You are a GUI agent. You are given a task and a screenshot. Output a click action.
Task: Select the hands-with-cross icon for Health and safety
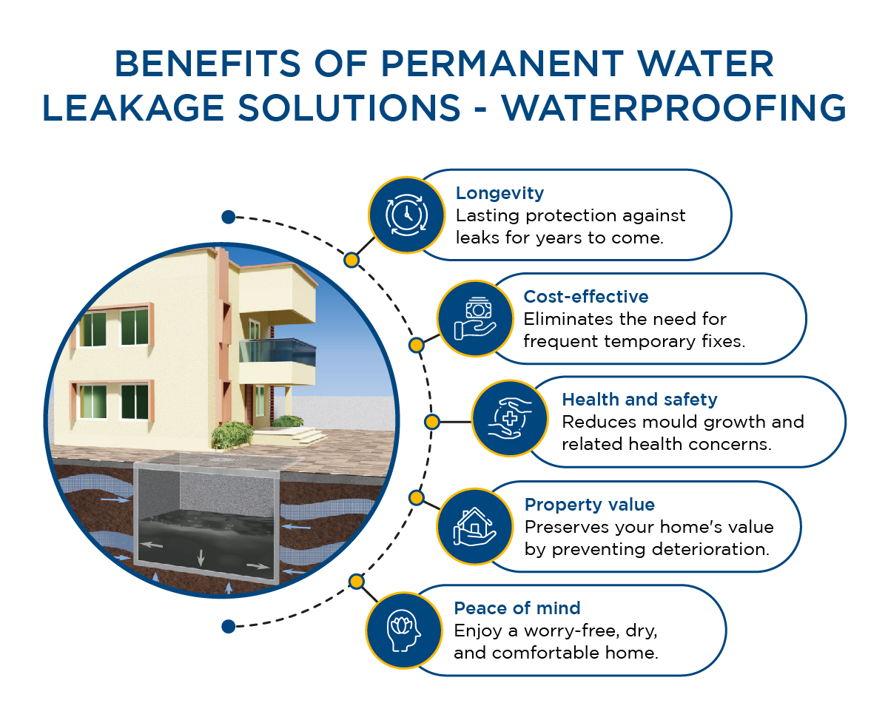pos(509,420)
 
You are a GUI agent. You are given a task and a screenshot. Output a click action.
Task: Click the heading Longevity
pos(499,194)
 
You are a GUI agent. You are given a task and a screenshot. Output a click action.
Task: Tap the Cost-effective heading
pos(585,297)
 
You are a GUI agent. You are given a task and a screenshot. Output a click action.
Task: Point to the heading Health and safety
pos(639,400)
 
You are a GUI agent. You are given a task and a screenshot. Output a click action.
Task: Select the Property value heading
pos(589,505)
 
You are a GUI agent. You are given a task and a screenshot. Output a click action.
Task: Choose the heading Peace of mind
pos(517,608)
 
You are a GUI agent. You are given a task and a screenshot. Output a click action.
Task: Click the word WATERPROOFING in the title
pos(673,109)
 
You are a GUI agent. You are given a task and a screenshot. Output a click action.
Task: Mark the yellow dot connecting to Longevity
pos(351,260)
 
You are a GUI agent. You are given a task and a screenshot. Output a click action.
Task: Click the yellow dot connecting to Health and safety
pos(432,422)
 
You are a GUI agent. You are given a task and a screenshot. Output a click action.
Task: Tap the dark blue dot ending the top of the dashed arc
pos(228,217)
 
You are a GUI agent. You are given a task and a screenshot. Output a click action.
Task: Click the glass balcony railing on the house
pos(278,350)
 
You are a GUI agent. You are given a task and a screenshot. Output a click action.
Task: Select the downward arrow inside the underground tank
pos(200,556)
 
